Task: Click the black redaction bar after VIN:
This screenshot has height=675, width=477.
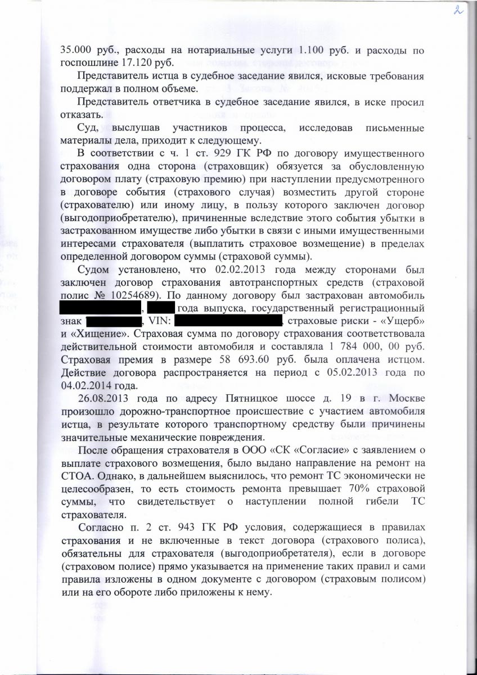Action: point(228,321)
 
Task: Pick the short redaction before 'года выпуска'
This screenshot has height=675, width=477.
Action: point(162,308)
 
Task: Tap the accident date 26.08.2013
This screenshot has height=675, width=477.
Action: point(103,399)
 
